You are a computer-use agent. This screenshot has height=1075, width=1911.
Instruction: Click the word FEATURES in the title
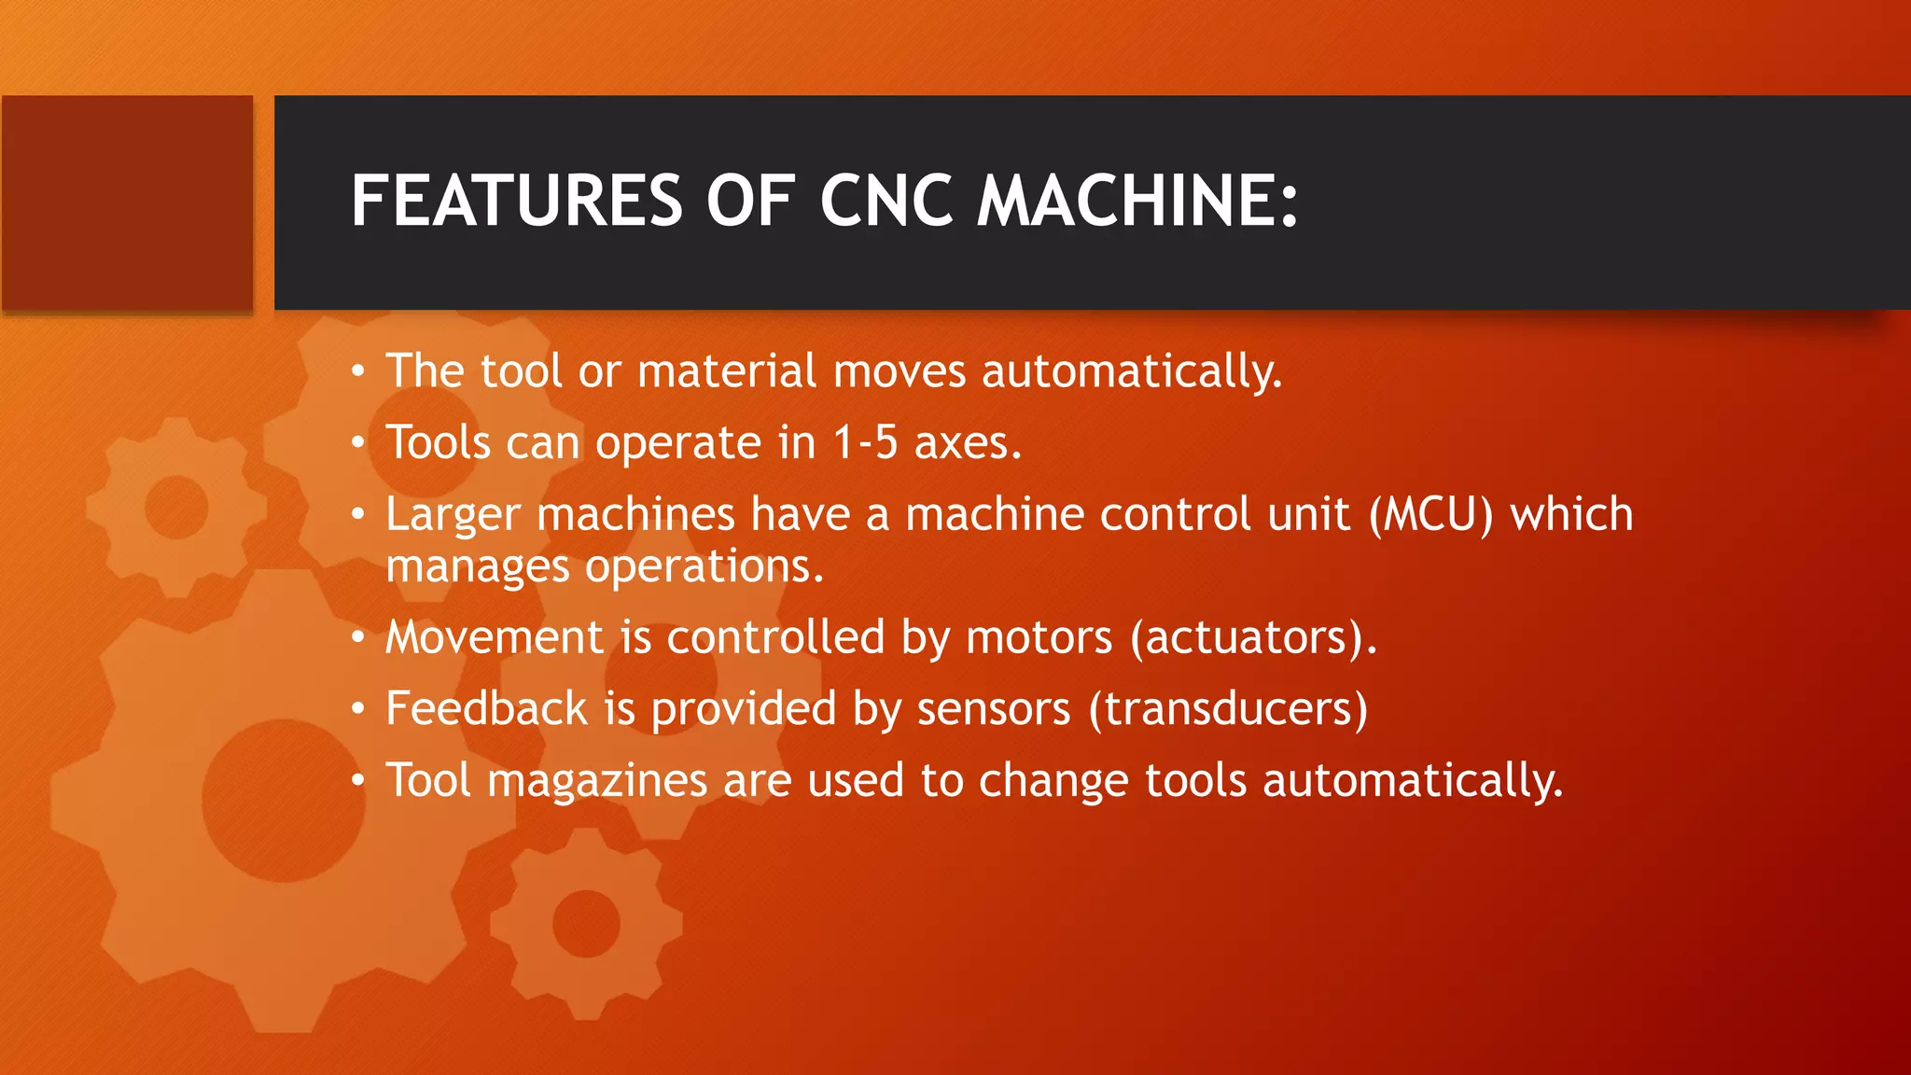tap(517, 201)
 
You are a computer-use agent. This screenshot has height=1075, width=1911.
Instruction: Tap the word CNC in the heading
tap(886, 201)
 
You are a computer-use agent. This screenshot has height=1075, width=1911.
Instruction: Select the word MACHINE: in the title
tap(1137, 201)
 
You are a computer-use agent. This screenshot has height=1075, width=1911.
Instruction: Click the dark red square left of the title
tap(127, 202)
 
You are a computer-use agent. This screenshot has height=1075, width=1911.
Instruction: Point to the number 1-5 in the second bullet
tap(865, 442)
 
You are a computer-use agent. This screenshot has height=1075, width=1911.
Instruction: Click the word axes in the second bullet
tap(967, 442)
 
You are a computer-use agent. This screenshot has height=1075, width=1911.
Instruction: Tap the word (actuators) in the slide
tap(1252, 637)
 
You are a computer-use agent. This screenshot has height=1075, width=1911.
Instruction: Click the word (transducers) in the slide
tap(1228, 708)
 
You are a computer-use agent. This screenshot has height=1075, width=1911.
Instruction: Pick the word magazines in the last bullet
tap(597, 781)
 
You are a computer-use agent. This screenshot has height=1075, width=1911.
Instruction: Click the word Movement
tap(495, 637)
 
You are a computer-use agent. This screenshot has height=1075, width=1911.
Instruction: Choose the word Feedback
tap(486, 708)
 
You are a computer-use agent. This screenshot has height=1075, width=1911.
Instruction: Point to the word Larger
tap(453, 514)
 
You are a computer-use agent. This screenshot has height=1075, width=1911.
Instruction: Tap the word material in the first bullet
tap(727, 371)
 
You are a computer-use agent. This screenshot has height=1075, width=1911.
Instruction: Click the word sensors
tap(994, 708)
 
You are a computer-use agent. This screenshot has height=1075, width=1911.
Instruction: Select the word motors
tap(1039, 637)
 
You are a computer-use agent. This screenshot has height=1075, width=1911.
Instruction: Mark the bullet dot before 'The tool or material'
tap(357, 372)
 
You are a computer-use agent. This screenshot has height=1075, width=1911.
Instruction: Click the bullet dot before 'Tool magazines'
tap(357, 781)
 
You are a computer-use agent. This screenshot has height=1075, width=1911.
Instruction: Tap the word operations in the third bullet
tap(704, 566)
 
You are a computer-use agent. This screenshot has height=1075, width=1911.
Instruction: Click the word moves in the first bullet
tap(900, 371)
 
